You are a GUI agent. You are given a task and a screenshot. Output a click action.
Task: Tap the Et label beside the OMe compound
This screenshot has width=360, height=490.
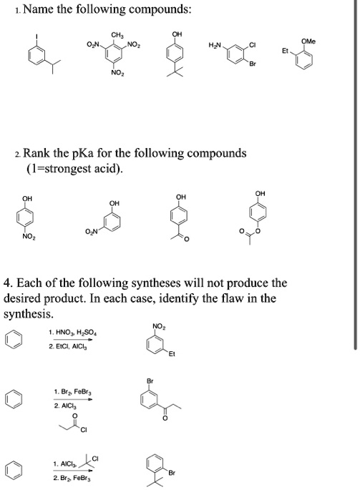pos(288,52)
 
